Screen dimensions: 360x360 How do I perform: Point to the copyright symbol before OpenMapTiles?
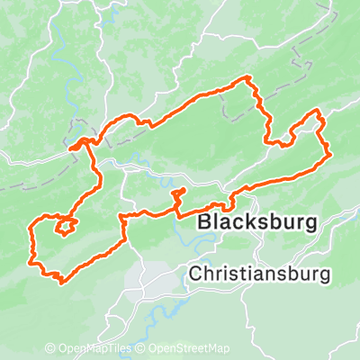50,348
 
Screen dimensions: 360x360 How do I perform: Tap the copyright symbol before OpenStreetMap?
141,348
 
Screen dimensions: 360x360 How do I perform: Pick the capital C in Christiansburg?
195,273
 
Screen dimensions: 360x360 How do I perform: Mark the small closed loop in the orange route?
65,226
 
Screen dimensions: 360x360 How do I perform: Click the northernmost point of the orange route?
247,79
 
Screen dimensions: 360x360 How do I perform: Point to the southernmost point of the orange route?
61,281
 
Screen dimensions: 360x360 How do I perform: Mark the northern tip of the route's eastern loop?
318,111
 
